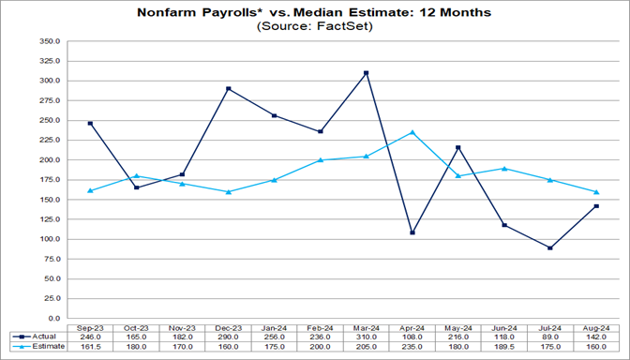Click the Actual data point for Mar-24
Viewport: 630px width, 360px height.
(x=367, y=73)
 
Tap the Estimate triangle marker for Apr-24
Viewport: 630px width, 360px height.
(x=411, y=132)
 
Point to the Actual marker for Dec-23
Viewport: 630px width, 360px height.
(x=229, y=89)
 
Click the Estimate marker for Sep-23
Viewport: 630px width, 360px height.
(x=90, y=190)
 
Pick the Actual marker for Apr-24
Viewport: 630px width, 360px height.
(x=411, y=232)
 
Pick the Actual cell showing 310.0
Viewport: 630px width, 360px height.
(x=367, y=336)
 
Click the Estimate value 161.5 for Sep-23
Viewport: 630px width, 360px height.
(x=90, y=347)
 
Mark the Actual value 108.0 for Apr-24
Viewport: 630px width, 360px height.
(x=411, y=336)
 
